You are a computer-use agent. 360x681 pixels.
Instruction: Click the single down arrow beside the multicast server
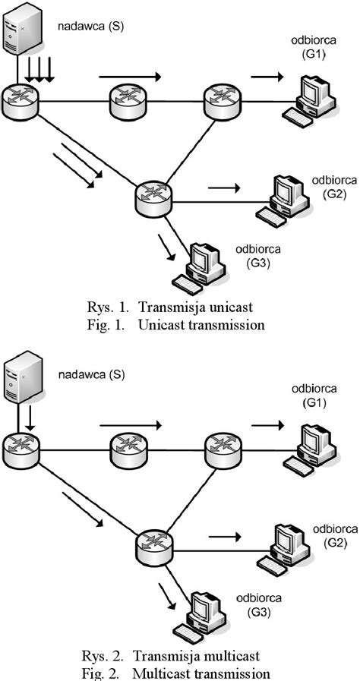pos(31,416)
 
